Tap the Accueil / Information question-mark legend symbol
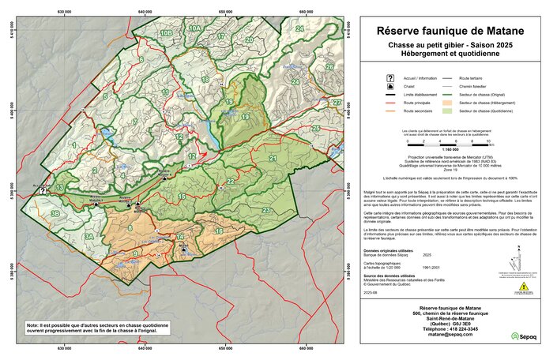click(390, 80)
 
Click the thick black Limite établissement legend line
click(390, 94)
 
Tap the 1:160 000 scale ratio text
click(450, 148)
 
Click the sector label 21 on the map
click(273, 159)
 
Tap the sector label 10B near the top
click(166, 33)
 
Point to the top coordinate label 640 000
click(145, 12)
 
